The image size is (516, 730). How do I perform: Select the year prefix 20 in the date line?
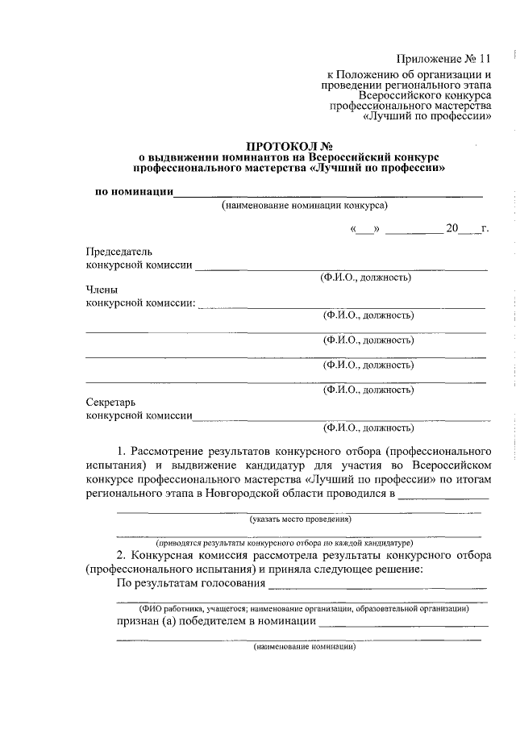coord(452,229)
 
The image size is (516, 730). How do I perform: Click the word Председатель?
coord(119,252)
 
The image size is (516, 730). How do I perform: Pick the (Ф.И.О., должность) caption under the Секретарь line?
coord(368,427)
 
